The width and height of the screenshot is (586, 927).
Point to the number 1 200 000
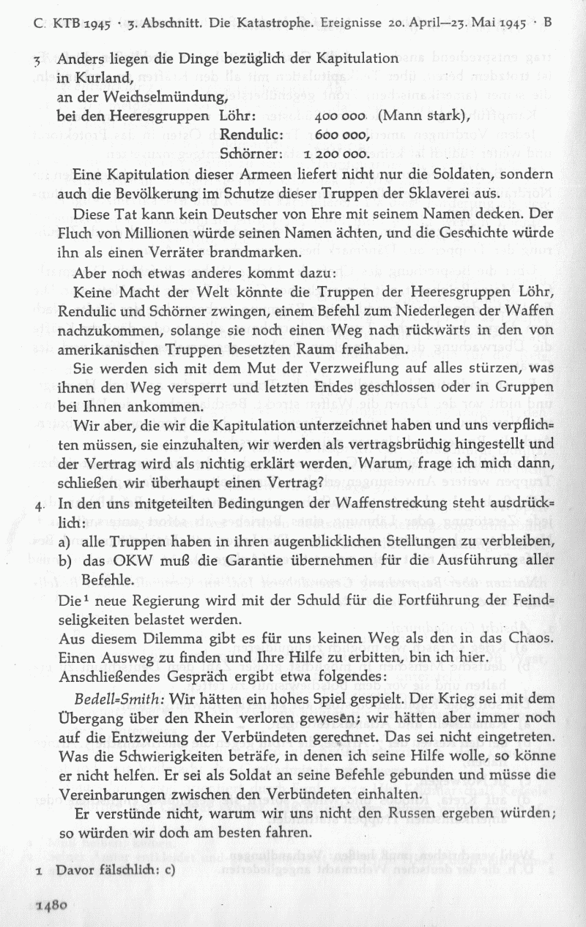click(335, 153)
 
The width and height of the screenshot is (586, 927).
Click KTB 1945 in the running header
click(81, 22)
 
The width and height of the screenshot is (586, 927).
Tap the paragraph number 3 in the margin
click(45, 59)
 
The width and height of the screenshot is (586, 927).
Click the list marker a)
click(64, 542)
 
